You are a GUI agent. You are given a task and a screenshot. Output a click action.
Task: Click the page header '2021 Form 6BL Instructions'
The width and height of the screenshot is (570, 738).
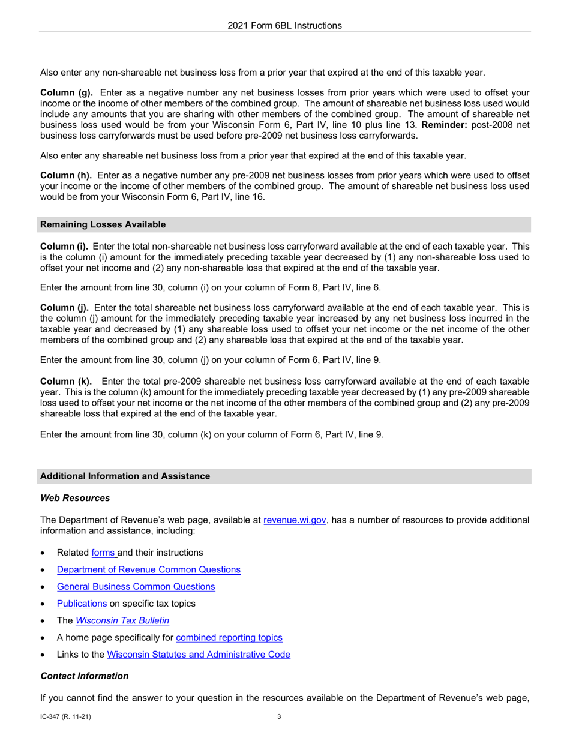pyautogui.click(x=284, y=25)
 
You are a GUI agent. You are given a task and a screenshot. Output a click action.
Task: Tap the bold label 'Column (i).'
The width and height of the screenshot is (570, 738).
pyautogui.click(x=64, y=247)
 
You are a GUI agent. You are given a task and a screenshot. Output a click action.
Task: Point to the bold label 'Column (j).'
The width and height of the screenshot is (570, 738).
pyautogui.click(x=64, y=308)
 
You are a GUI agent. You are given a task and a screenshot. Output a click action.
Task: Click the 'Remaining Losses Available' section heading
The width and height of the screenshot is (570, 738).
pyautogui.click(x=103, y=224)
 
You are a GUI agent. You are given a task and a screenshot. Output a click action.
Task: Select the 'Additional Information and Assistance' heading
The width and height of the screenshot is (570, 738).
pyautogui.click(x=125, y=476)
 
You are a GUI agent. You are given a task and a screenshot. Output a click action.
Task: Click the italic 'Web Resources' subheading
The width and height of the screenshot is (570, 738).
pyautogui.click(x=75, y=498)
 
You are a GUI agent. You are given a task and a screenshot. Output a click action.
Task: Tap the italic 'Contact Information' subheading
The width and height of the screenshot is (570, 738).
pyautogui.click(x=84, y=676)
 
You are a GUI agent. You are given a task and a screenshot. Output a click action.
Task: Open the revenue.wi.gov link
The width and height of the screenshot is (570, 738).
pyautogui.click(x=295, y=520)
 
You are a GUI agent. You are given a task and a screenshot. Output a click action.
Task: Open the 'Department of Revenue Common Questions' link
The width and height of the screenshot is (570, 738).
pyautogui.click(x=149, y=569)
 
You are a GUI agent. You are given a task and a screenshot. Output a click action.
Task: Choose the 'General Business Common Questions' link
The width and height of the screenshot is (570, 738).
pyautogui.click(x=136, y=586)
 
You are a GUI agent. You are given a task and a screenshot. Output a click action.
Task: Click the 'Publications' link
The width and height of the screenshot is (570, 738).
pyautogui.click(x=82, y=603)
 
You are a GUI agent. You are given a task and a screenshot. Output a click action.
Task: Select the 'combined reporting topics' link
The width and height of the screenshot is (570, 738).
pyautogui.click(x=229, y=637)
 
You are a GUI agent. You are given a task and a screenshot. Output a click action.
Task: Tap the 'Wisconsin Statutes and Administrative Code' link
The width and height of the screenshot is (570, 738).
pyautogui.click(x=198, y=654)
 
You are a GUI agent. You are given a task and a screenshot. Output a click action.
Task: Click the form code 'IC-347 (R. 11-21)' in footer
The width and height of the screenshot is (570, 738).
pyautogui.click(x=65, y=716)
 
